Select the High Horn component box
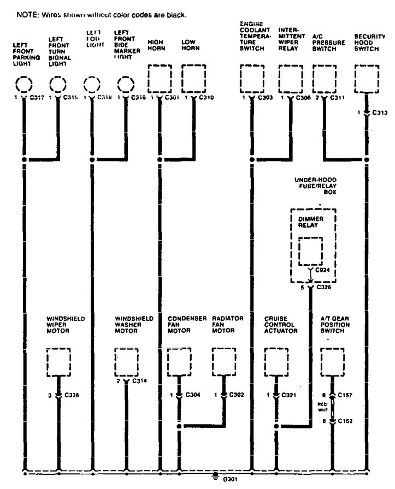pyautogui.click(x=160, y=79)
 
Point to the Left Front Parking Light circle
pyautogui.click(x=24, y=85)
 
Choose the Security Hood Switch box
pyautogui.click(x=367, y=79)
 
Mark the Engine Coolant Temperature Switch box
pyautogui.click(x=252, y=79)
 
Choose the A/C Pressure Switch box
pyautogui.click(x=325, y=79)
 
